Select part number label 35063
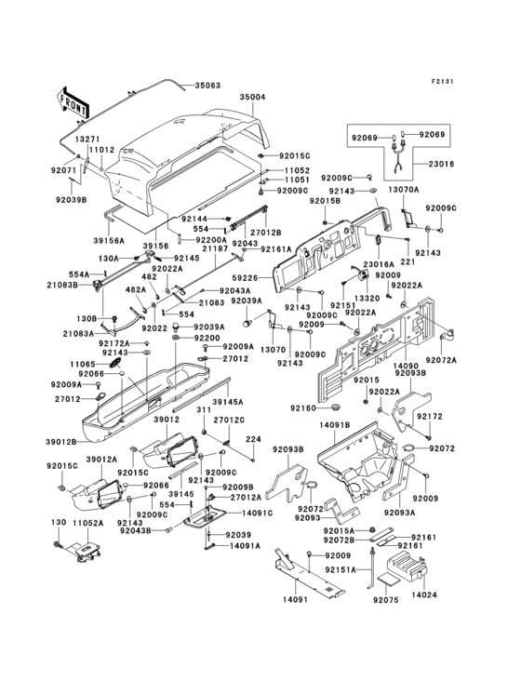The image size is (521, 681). click(x=207, y=86)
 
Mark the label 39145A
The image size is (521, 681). click(x=229, y=402)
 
